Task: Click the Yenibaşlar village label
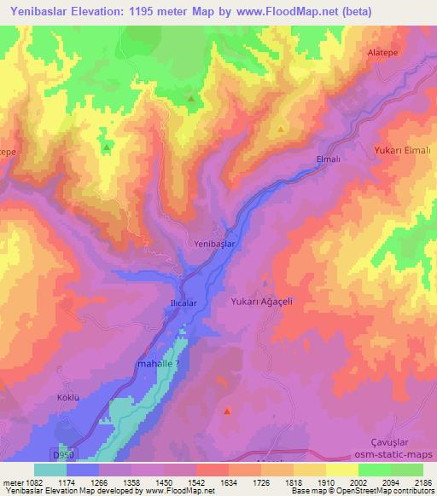[214, 244]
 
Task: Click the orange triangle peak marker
[281, 130]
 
